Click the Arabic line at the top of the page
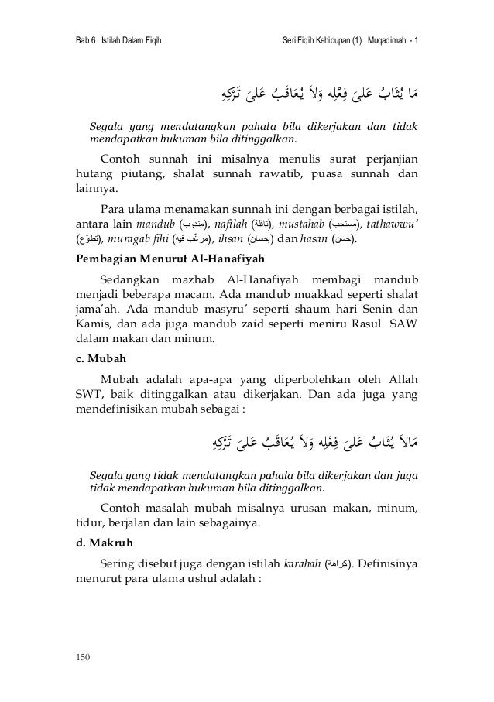[x=318, y=97]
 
